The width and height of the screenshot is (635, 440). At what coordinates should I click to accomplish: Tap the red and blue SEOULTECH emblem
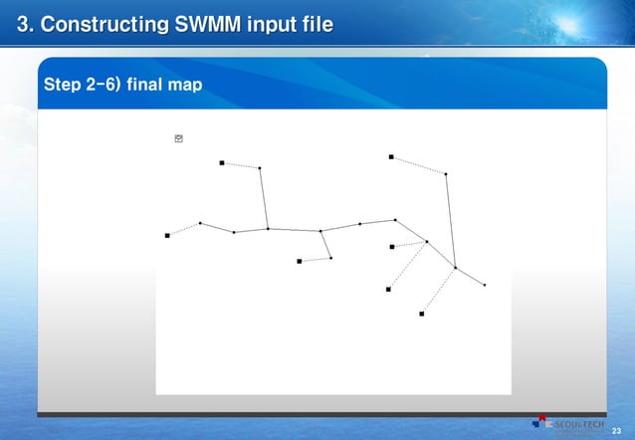click(x=542, y=424)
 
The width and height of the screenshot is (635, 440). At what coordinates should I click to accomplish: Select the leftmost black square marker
click(x=167, y=236)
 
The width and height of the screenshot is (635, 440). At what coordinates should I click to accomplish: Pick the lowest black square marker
click(x=422, y=314)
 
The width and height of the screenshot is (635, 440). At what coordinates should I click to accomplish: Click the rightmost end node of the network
click(x=485, y=286)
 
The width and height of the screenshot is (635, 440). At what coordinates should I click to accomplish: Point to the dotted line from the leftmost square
click(x=184, y=229)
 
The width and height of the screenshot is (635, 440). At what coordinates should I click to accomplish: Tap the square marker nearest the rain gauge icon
click(x=222, y=163)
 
